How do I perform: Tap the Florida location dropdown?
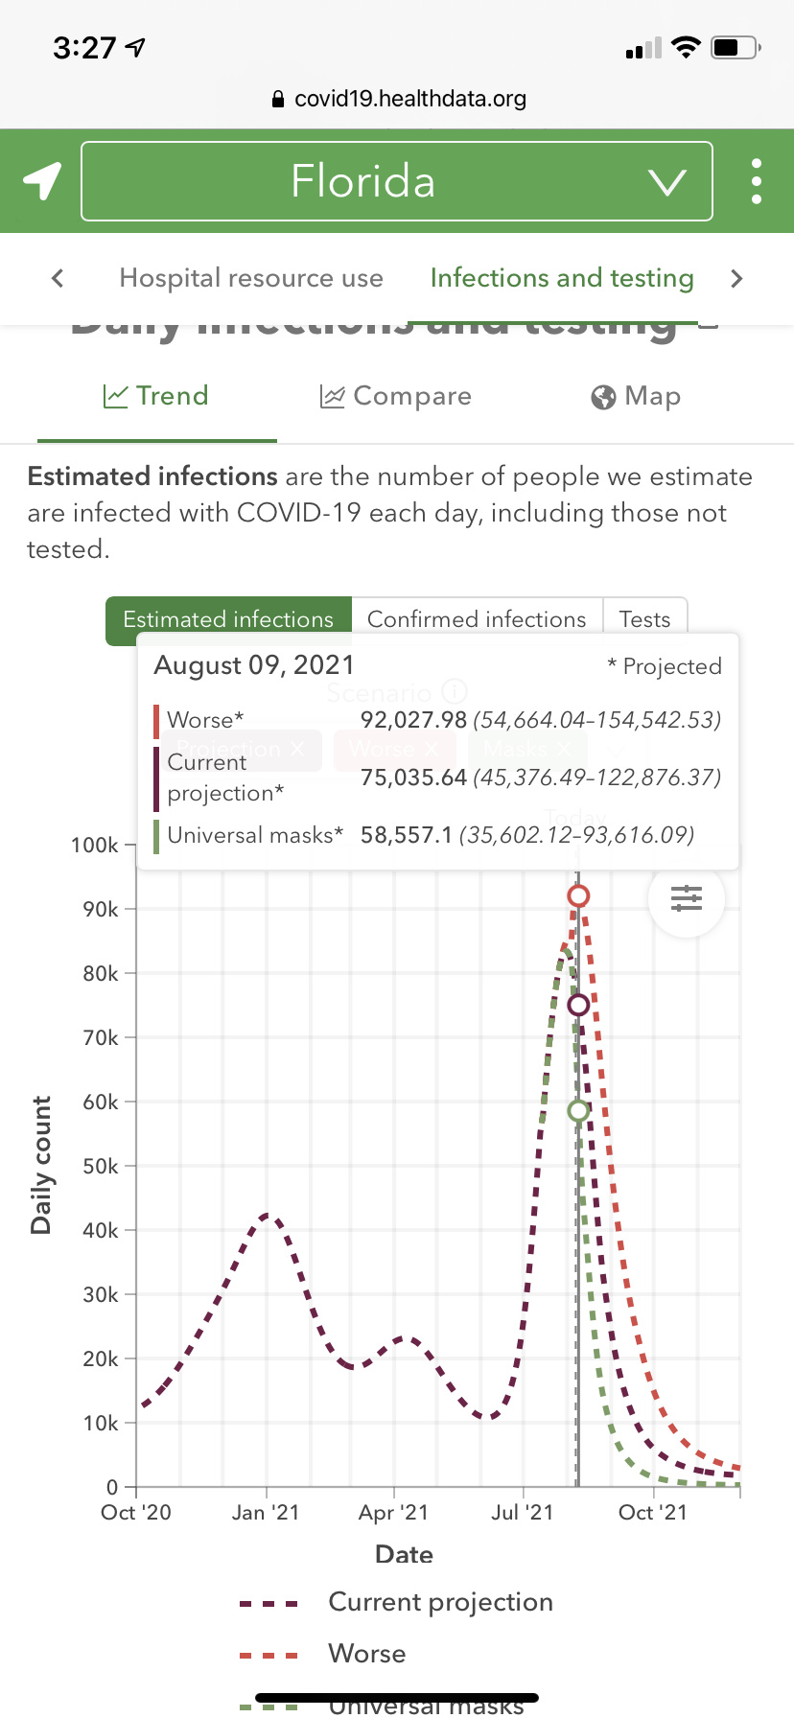[396, 181]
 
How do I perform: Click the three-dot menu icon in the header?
[757, 181]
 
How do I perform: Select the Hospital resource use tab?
[251, 278]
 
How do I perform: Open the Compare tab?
[395, 396]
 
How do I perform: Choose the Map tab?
[636, 396]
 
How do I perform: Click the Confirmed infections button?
[477, 619]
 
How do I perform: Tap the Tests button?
[644, 619]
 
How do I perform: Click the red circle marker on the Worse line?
[578, 896]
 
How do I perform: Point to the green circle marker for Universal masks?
[578, 1111]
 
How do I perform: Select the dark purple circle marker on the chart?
[578, 1005]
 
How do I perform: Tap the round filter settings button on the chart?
[687, 898]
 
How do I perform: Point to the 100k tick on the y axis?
[95, 846]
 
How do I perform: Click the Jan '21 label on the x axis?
[266, 1513]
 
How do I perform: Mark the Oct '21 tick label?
[653, 1513]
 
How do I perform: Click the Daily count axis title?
[41, 1165]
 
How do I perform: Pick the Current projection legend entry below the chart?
[440, 1602]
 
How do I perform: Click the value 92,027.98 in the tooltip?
[413, 720]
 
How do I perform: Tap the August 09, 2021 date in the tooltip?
[254, 665]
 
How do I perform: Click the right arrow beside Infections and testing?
[736, 279]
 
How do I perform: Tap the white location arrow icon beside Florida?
[42, 180]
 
